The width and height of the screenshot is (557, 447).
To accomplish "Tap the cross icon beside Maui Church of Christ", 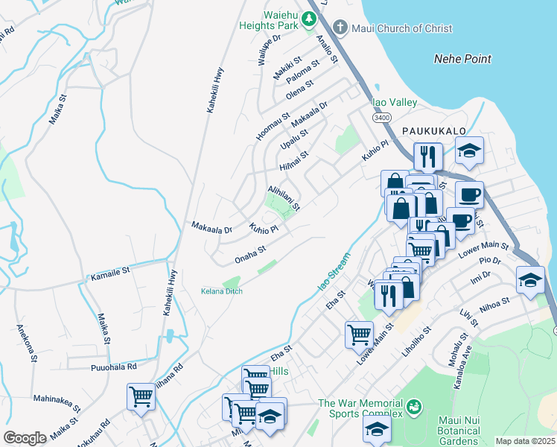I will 340,28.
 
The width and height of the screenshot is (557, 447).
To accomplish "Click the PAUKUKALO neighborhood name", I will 433,130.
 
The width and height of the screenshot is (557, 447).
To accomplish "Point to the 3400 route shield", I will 382,117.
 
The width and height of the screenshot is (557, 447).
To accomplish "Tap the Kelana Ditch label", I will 222,291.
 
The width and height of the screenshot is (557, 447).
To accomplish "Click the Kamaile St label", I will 110,276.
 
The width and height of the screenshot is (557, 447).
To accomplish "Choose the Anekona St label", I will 25,342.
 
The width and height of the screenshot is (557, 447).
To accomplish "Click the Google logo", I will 25,438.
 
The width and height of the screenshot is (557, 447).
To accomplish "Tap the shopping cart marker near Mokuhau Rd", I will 140,396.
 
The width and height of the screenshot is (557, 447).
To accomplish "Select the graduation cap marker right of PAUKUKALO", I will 469,151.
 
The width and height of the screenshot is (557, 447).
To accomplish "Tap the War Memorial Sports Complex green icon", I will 414,408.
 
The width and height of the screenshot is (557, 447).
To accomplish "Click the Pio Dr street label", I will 490,260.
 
